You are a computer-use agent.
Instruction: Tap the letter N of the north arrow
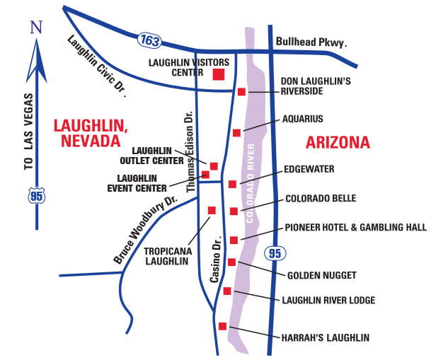[36, 28]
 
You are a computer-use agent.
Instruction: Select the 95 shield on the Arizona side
[275, 252]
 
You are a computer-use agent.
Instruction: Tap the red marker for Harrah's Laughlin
[223, 326]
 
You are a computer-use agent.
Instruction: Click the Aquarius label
[302, 119]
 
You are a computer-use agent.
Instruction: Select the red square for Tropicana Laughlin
[211, 209]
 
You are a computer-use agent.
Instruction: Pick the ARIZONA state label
[338, 143]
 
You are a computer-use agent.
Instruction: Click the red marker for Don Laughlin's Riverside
[241, 91]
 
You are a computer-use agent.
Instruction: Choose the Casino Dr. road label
[214, 265]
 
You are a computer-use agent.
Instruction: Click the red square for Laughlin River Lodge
[226, 291]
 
